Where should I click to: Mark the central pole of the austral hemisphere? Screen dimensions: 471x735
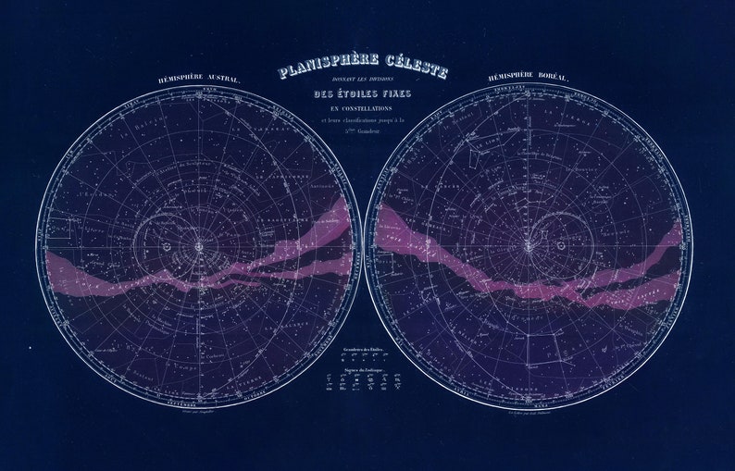tap(198, 247)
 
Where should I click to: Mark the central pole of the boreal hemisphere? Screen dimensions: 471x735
tap(529, 246)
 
